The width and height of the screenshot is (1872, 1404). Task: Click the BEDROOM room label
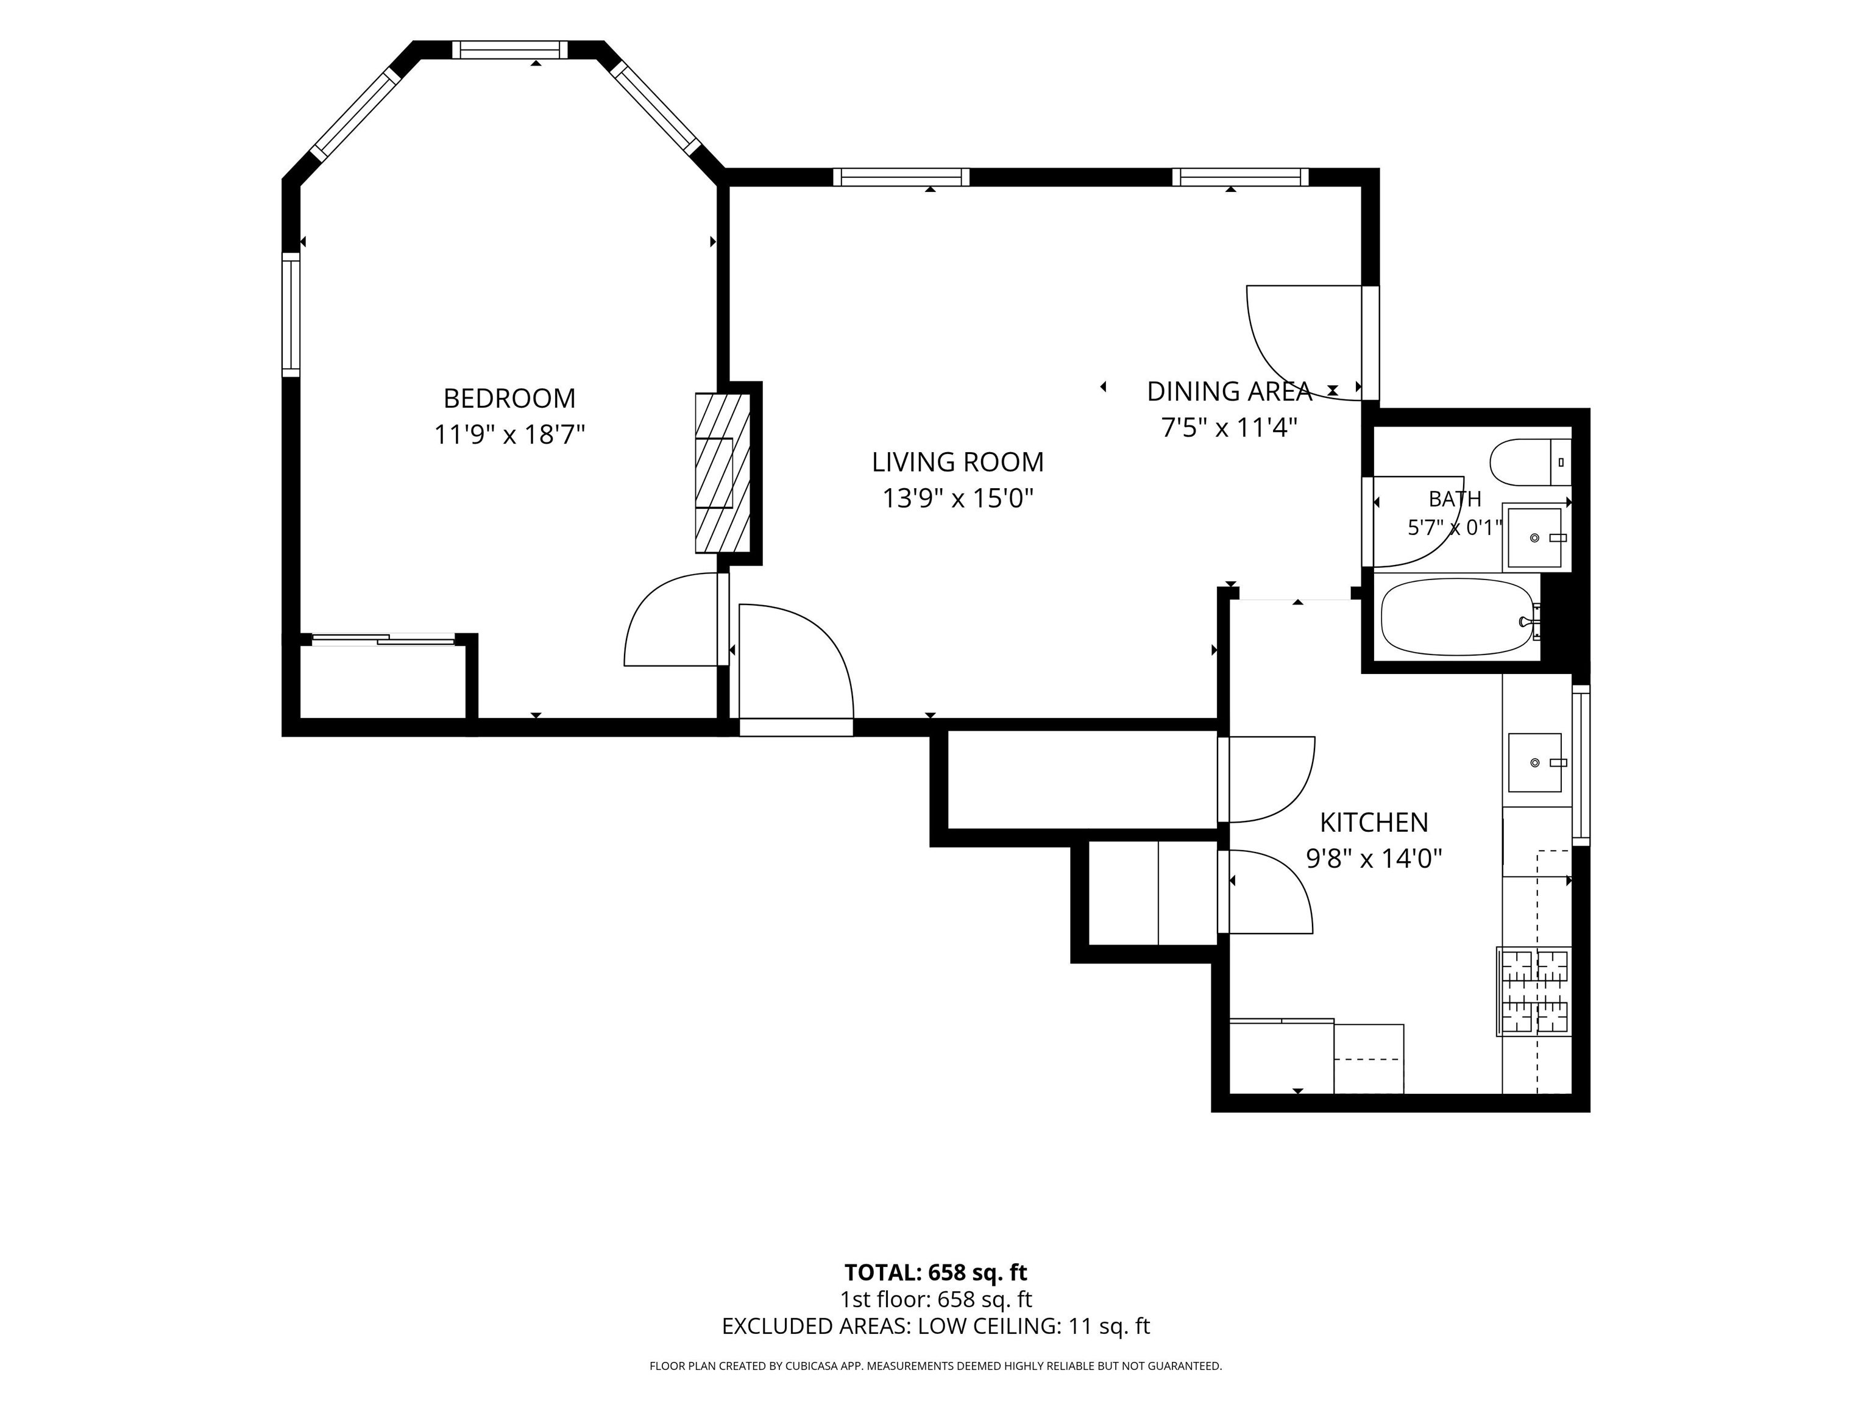point(509,398)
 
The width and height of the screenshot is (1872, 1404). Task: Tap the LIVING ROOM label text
point(958,462)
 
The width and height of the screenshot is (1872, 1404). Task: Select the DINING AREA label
point(1229,391)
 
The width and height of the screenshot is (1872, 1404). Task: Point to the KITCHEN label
point(1374,822)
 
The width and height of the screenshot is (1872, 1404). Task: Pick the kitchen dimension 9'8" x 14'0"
point(1374,859)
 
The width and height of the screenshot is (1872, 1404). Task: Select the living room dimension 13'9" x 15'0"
point(958,498)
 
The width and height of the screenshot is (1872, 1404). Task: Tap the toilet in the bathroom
point(1530,462)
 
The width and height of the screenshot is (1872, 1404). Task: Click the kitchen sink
point(1534,762)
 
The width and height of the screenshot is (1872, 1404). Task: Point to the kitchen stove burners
point(1533,991)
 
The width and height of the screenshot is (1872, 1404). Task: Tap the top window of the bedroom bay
point(509,50)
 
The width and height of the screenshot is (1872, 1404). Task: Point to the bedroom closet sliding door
point(383,640)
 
